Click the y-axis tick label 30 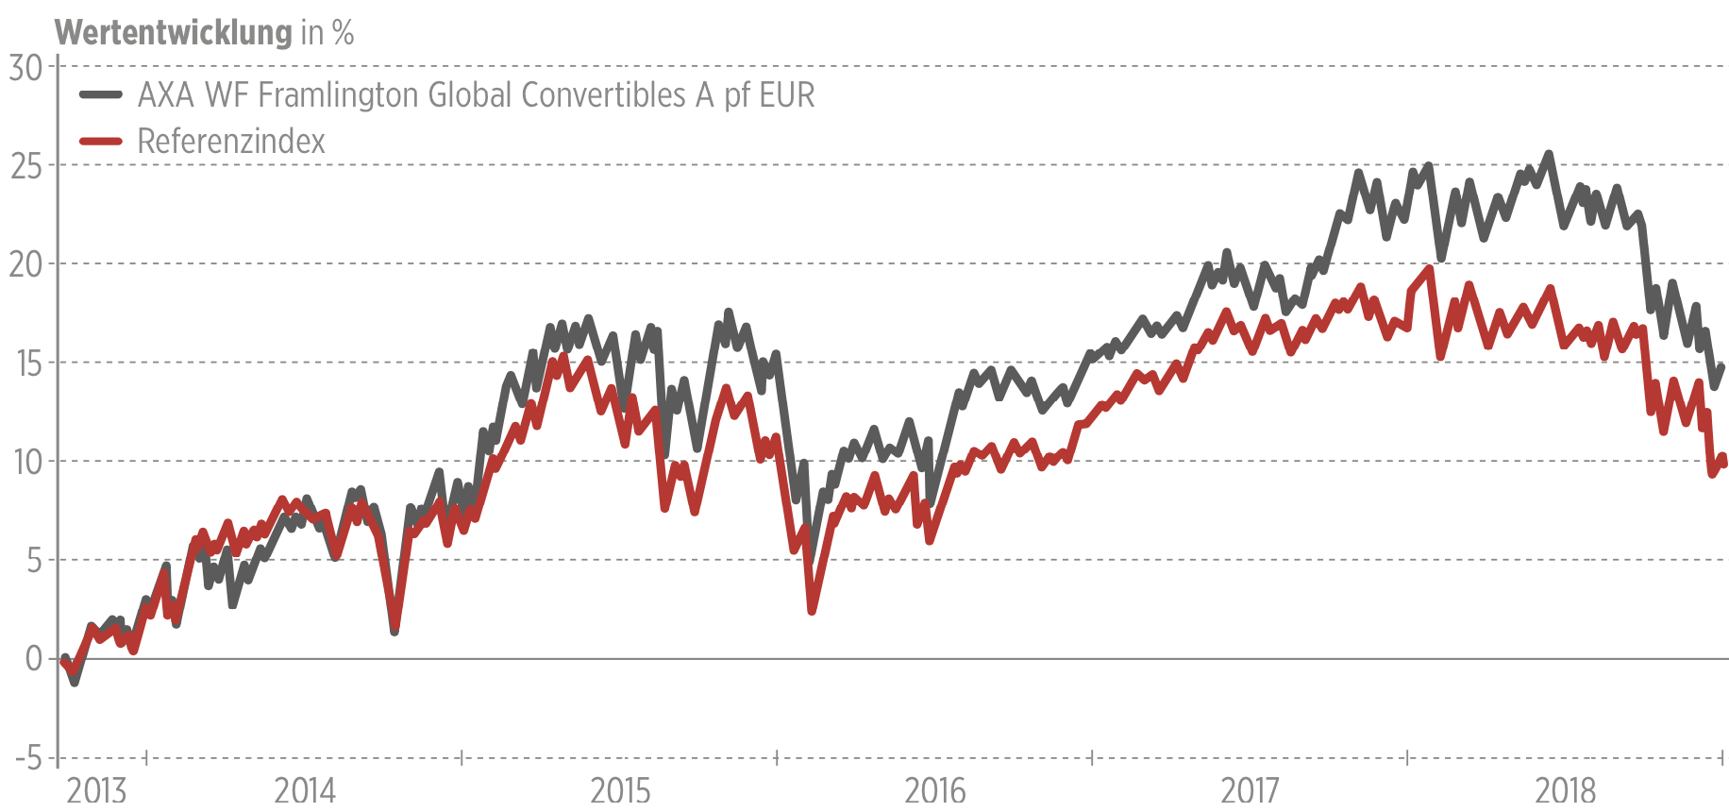pos(25,67)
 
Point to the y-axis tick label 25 pos(25,166)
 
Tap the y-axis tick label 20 pos(25,264)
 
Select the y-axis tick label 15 pos(28,364)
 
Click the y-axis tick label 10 pos(28,462)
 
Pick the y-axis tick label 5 pos(35,561)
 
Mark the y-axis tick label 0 pos(35,659)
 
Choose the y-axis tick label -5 pos(29,758)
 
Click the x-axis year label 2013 pos(96,789)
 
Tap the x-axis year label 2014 pos(305,789)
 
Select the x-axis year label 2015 pos(620,789)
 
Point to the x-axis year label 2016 pos(935,789)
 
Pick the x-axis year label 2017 pos(1251,789)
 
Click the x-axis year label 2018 pos(1566,789)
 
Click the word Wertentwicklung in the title pos(174,33)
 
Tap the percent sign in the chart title pos(344,33)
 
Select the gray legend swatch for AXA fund pos(101,94)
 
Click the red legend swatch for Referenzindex pos(101,142)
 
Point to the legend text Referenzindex pos(231,142)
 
